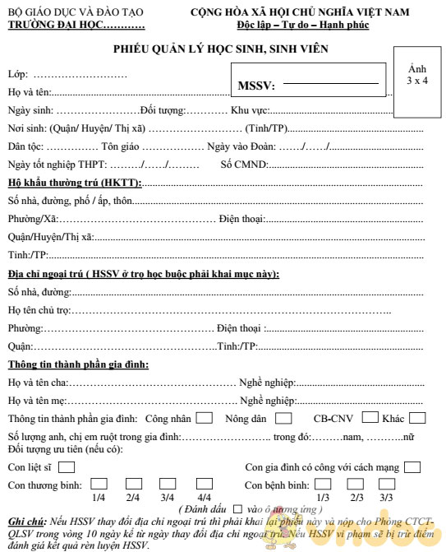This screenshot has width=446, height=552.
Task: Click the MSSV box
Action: click(x=308, y=84)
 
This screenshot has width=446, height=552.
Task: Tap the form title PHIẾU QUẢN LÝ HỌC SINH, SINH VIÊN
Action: click(x=221, y=49)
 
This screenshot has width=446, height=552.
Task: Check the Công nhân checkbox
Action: click(x=205, y=418)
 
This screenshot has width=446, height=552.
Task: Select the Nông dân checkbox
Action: click(x=283, y=418)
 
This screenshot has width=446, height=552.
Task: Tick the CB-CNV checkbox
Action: click(x=370, y=417)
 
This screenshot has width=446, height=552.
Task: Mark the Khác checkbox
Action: click(x=417, y=417)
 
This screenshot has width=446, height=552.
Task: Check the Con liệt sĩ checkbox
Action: click(x=67, y=467)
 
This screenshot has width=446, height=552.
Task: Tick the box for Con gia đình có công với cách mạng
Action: click(x=412, y=467)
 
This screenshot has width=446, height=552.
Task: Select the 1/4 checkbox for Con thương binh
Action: click(x=99, y=485)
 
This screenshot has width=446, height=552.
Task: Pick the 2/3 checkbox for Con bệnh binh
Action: click(x=356, y=485)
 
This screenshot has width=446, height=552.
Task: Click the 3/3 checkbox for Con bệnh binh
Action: click(x=386, y=485)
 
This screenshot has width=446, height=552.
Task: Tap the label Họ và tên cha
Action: click(x=37, y=383)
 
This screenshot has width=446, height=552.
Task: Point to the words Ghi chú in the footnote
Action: click(x=25, y=522)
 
